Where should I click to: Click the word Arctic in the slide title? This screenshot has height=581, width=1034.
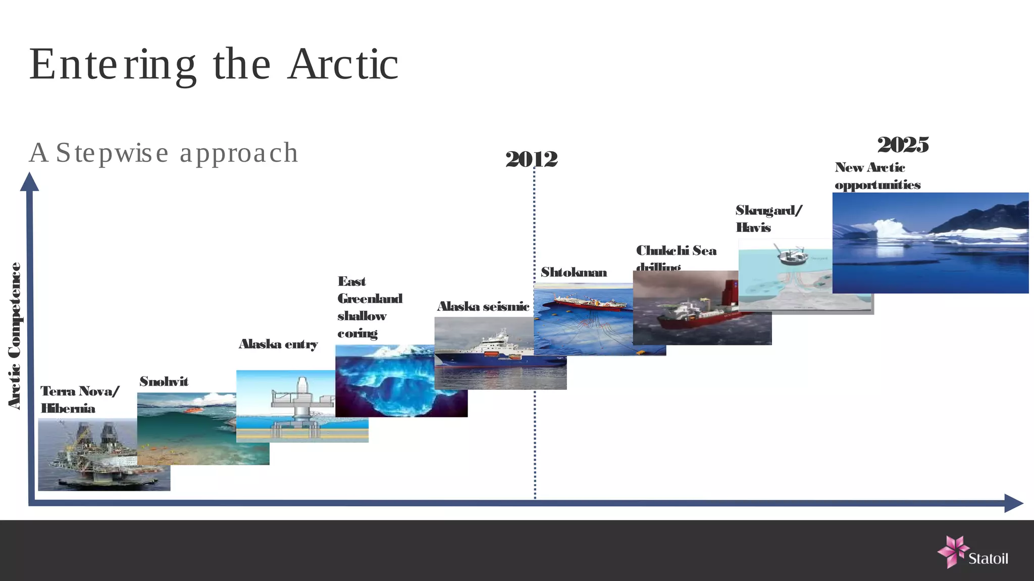point(343,65)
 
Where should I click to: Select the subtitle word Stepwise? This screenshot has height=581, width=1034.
point(112,153)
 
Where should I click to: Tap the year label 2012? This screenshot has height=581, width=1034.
point(531,159)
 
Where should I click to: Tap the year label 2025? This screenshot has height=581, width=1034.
point(903,145)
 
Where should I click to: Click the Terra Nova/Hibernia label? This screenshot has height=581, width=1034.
point(80,399)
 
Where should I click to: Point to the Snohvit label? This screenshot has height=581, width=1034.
point(164,382)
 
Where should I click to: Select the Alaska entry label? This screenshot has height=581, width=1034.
point(278,344)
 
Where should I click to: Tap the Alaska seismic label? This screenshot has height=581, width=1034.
point(483,307)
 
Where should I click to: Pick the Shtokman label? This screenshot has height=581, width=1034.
point(574,273)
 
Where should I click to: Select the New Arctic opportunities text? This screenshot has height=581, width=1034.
point(877,176)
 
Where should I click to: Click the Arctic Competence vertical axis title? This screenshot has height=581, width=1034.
point(15,335)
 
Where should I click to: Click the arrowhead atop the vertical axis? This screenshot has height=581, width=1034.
point(29,182)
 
